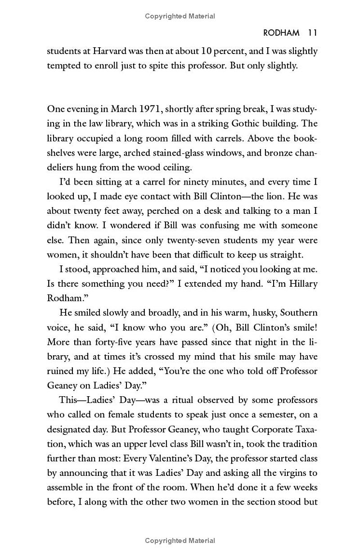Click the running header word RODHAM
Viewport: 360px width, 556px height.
pos(281,33)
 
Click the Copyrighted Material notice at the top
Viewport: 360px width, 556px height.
pos(180,16)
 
